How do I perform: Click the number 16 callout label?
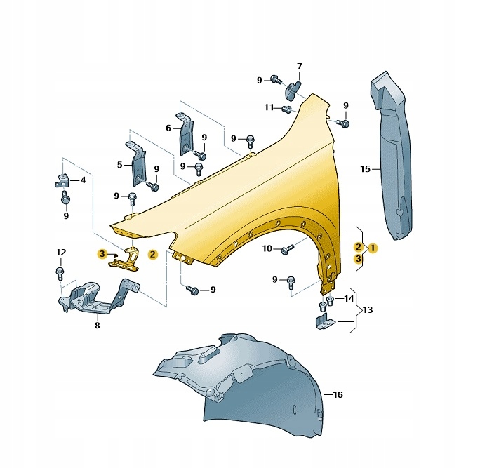pyautogui.click(x=338, y=395)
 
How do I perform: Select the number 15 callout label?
pyautogui.click(x=365, y=169)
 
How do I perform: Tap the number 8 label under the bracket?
pyautogui.click(x=98, y=326)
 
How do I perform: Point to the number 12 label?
pyautogui.click(x=61, y=253)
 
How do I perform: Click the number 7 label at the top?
pyautogui.click(x=300, y=66)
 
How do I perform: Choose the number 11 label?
pyautogui.click(x=269, y=107)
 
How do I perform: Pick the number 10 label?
pyautogui.click(x=267, y=248)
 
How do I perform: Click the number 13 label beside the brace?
pyautogui.click(x=368, y=309)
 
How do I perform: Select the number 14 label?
pyautogui.click(x=349, y=298)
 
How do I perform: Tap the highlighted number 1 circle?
pyautogui.click(x=373, y=248)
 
